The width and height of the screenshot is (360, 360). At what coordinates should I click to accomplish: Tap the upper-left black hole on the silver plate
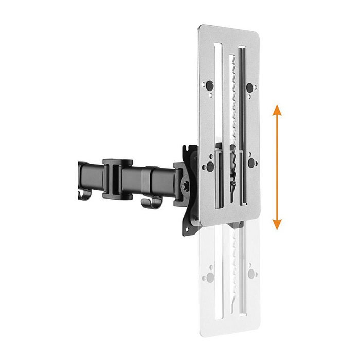[x=209, y=85]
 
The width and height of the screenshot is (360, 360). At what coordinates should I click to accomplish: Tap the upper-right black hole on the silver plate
[x=250, y=87]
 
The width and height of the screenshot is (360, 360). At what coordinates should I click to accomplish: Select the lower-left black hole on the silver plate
[x=209, y=166]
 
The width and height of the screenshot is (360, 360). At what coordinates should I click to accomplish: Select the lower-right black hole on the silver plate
[x=251, y=164]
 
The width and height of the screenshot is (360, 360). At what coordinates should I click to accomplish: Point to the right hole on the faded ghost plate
[x=251, y=273]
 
